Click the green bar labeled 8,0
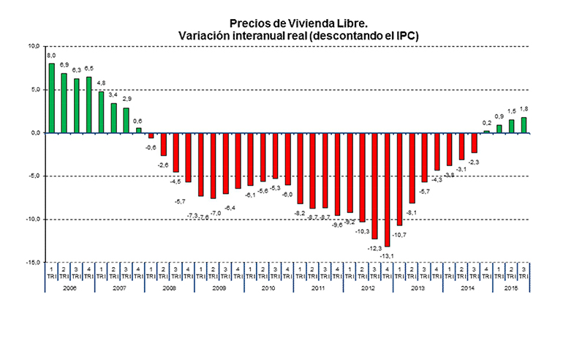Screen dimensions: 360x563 coord(51,98)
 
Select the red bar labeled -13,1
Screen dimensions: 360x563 coord(387,190)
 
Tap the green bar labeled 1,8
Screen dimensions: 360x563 coord(524,125)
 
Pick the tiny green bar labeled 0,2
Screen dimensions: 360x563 coord(486,132)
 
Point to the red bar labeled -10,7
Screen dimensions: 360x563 coord(399,179)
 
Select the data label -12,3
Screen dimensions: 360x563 coord(374,247)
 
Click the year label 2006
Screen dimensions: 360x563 coord(69,288)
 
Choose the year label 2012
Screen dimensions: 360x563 coord(368,288)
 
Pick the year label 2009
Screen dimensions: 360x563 coord(219,288)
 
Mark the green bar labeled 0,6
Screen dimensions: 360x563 coord(138,130)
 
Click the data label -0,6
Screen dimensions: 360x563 coord(151,148)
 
